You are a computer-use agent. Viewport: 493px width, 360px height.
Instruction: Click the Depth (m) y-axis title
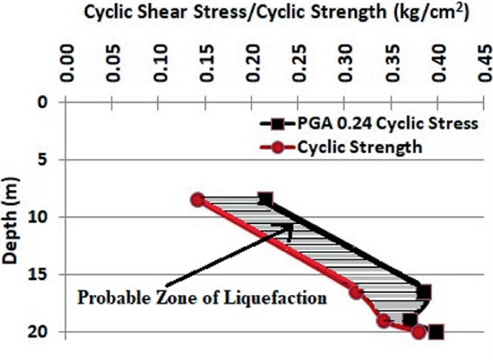pos(14,216)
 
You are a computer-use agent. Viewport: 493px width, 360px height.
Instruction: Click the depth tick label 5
pos(43,159)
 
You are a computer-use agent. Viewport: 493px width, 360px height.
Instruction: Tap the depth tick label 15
pos(40,274)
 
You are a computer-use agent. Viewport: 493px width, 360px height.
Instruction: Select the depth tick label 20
pos(40,332)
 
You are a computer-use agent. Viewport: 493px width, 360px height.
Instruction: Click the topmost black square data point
pos(265,199)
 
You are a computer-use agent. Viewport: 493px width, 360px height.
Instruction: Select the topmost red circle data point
pos(198,199)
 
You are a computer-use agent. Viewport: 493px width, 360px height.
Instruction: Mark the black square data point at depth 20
pos(435,332)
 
